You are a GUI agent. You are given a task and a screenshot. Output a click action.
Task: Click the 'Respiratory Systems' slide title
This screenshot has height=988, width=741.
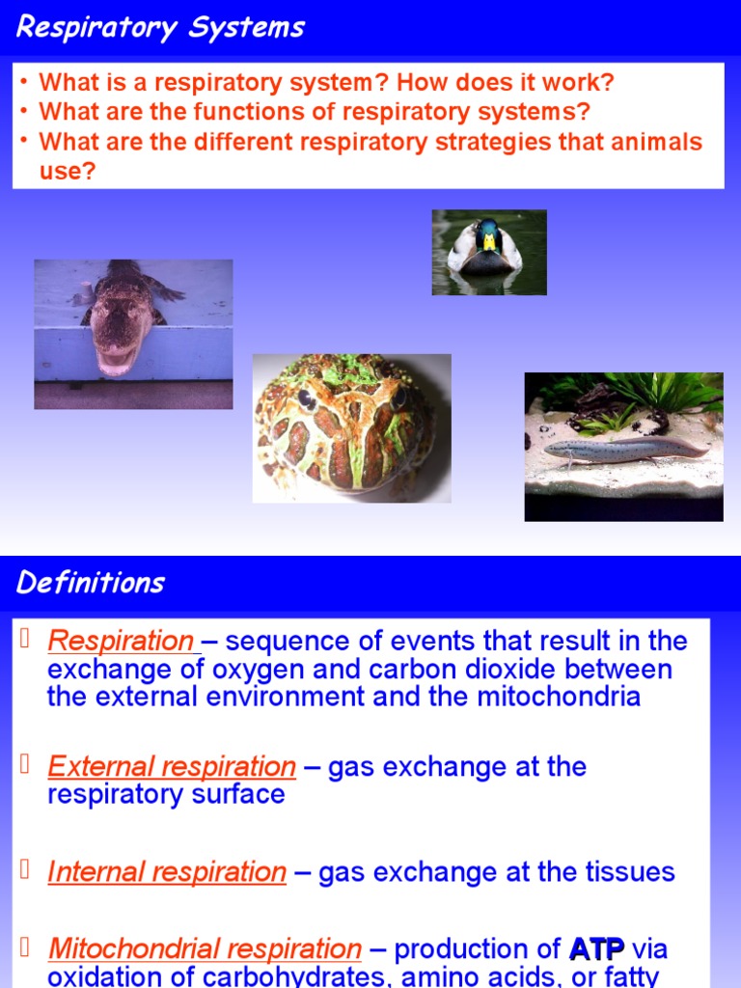(160, 27)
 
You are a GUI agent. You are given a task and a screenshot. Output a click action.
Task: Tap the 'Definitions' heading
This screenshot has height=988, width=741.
(91, 583)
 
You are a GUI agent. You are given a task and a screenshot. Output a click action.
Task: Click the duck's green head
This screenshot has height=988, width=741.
(488, 233)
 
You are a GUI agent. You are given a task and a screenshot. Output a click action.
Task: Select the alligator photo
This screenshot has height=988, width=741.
(133, 333)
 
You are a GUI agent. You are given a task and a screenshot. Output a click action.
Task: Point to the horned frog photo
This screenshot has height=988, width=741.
(351, 427)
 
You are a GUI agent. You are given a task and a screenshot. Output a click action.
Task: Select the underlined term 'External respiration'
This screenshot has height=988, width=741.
(172, 767)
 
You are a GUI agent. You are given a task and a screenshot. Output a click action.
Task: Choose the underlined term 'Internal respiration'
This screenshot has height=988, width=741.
(167, 872)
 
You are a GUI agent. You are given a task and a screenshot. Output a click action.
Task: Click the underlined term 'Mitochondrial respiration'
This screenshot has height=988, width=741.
(205, 949)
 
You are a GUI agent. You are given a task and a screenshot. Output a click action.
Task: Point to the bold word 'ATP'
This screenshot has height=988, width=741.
(597, 949)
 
